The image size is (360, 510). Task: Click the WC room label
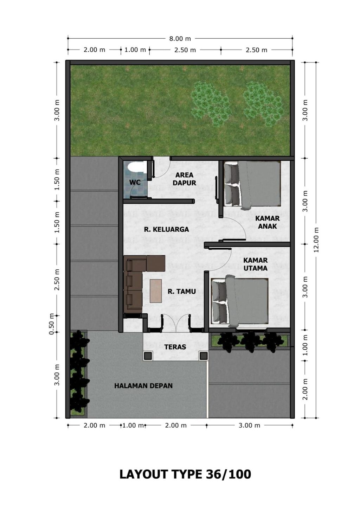[x=135, y=182]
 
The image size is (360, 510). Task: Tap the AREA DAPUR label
[x=184, y=179]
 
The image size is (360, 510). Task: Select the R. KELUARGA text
[x=166, y=229]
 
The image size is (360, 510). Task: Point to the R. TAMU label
[x=181, y=291]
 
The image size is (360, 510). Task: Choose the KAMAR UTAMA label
[x=256, y=264]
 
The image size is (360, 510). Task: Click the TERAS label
[x=175, y=347]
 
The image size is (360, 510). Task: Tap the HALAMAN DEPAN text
[x=143, y=386]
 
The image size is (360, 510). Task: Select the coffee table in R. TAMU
[x=156, y=291]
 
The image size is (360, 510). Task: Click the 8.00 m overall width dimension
[x=180, y=38]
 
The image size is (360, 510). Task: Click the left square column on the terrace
[x=148, y=356]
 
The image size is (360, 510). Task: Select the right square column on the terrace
[x=204, y=356]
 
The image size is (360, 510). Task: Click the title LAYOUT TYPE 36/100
[x=185, y=474]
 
